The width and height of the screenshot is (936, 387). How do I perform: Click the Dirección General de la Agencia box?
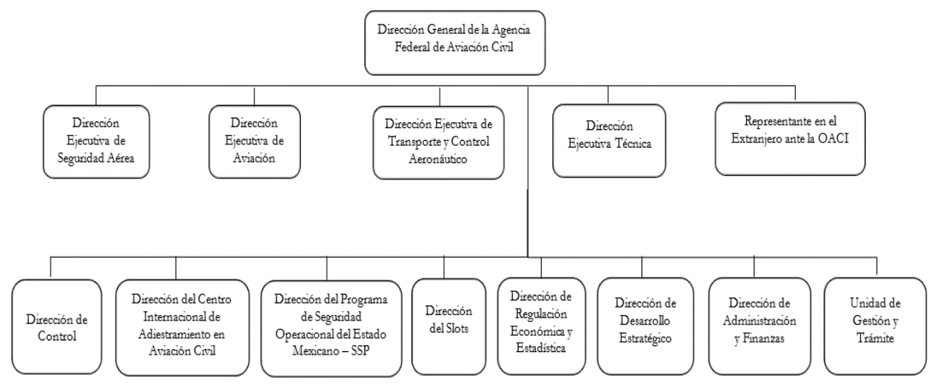tap(455, 42)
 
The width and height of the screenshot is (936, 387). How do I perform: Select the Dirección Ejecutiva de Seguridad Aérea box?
tap(96, 141)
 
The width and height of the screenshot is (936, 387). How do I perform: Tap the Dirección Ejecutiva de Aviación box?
tap(254, 141)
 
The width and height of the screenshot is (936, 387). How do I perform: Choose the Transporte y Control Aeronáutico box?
tap(438, 142)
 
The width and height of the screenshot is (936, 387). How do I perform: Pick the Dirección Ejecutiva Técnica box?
tap(609, 141)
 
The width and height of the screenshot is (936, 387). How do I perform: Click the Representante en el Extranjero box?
tap(790, 139)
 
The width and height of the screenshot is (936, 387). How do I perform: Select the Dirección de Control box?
tap(57, 327)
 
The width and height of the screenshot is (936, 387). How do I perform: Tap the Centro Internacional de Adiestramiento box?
tap(182, 327)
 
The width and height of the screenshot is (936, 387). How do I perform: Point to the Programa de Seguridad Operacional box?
tap(331, 329)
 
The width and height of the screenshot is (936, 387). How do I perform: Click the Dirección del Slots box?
tap(449, 327)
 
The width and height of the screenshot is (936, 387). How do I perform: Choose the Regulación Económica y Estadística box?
tap(541, 327)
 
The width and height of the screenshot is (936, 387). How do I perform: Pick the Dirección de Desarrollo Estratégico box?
tap(645, 327)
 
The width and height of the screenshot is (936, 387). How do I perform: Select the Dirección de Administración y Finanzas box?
tap(759, 327)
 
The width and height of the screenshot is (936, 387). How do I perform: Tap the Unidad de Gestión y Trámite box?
tap(875, 327)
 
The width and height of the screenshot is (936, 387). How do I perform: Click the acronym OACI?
tap(833, 139)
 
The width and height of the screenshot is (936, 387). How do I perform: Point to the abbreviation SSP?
tap(361, 350)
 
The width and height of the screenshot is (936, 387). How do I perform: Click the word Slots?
tap(457, 329)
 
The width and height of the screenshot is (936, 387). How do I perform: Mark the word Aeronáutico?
tap(437, 160)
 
